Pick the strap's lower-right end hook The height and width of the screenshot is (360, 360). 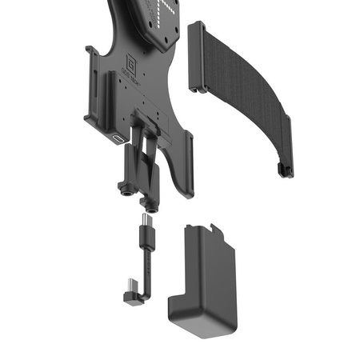pyautogui.click(x=281, y=169)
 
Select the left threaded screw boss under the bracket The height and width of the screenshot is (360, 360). pyautogui.click(x=126, y=190)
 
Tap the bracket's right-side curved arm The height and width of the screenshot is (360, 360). pyautogui.click(x=186, y=160)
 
